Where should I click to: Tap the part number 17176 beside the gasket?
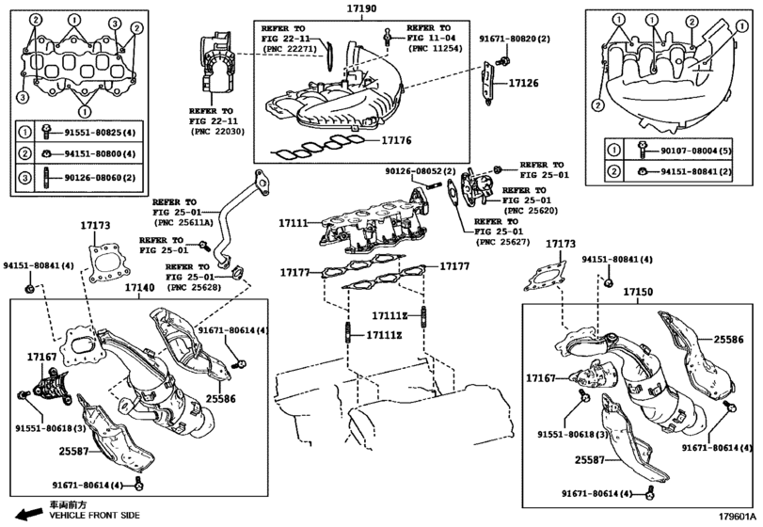click(397, 141)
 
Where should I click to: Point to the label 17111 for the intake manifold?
click(294, 224)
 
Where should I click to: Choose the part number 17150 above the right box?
click(638, 293)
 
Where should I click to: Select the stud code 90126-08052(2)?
click(421, 171)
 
